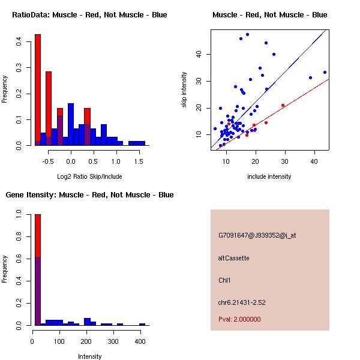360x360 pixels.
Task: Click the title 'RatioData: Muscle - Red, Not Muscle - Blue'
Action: pyautogui.click(x=89, y=14)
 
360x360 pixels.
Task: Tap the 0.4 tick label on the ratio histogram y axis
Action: pyautogui.click(x=19, y=41)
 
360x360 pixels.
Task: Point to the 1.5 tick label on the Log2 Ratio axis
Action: pyautogui.click(x=139, y=161)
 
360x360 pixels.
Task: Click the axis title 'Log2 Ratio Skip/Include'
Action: pyautogui.click(x=89, y=176)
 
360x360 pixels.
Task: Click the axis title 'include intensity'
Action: pyautogui.click(x=269, y=176)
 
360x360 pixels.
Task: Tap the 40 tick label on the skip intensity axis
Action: pyautogui.click(x=199, y=54)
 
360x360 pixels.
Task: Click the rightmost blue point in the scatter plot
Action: pyautogui.click(x=325, y=72)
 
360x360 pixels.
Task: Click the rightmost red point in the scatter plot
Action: pyautogui.click(x=283, y=105)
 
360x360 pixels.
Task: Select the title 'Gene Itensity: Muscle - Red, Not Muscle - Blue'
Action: pyautogui.click(x=89, y=194)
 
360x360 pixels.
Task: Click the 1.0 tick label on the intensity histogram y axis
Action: pyautogui.click(x=19, y=214)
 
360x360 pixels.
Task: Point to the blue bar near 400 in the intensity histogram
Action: pyautogui.click(x=142, y=324)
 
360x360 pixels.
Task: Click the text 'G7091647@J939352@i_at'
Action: pyautogui.click(x=257, y=235)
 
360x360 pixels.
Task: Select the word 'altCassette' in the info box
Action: pyautogui.click(x=233, y=258)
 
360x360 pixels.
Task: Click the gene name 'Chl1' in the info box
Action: pyautogui.click(x=224, y=280)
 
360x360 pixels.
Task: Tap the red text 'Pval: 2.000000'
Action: pyautogui.click(x=239, y=319)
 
